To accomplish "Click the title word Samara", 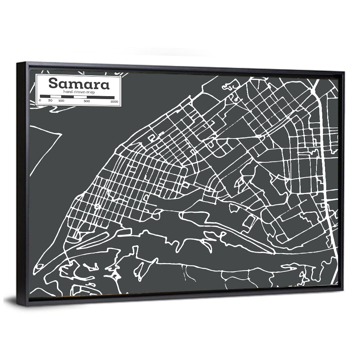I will click(79, 84).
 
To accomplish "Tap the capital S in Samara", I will click(53, 83).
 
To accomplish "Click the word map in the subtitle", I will click(91, 92).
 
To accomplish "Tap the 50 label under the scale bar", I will click(50, 101).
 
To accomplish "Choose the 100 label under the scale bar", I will click(61, 101).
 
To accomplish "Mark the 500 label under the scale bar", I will click(87, 101).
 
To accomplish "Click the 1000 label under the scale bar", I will click(114, 102).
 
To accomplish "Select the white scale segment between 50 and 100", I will click(55, 96).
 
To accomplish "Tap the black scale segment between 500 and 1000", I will click(100, 97).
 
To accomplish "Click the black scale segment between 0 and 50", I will click(45, 96).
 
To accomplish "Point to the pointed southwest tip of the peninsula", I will click(36, 268).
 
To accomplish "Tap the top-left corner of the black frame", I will click(17, 63).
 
